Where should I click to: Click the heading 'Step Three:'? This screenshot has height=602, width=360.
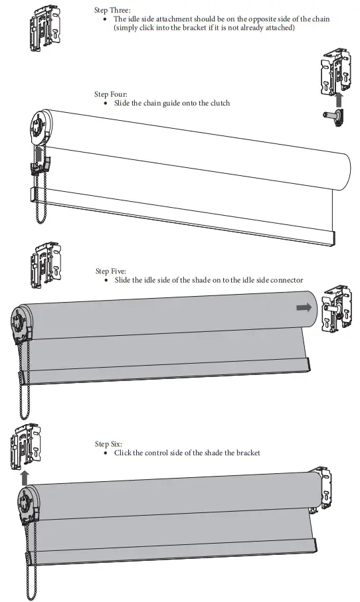(x=112, y=10)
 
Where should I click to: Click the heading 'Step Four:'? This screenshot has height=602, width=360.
(x=110, y=95)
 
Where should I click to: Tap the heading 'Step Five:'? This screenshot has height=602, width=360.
(x=110, y=271)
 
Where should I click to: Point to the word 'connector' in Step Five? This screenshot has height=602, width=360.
(x=286, y=281)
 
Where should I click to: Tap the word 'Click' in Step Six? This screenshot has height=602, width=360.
(x=124, y=453)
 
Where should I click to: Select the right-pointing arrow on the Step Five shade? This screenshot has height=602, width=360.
(x=303, y=307)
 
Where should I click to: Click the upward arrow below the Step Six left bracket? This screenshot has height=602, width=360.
(x=25, y=476)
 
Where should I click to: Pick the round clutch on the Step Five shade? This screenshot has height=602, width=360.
(x=25, y=323)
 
